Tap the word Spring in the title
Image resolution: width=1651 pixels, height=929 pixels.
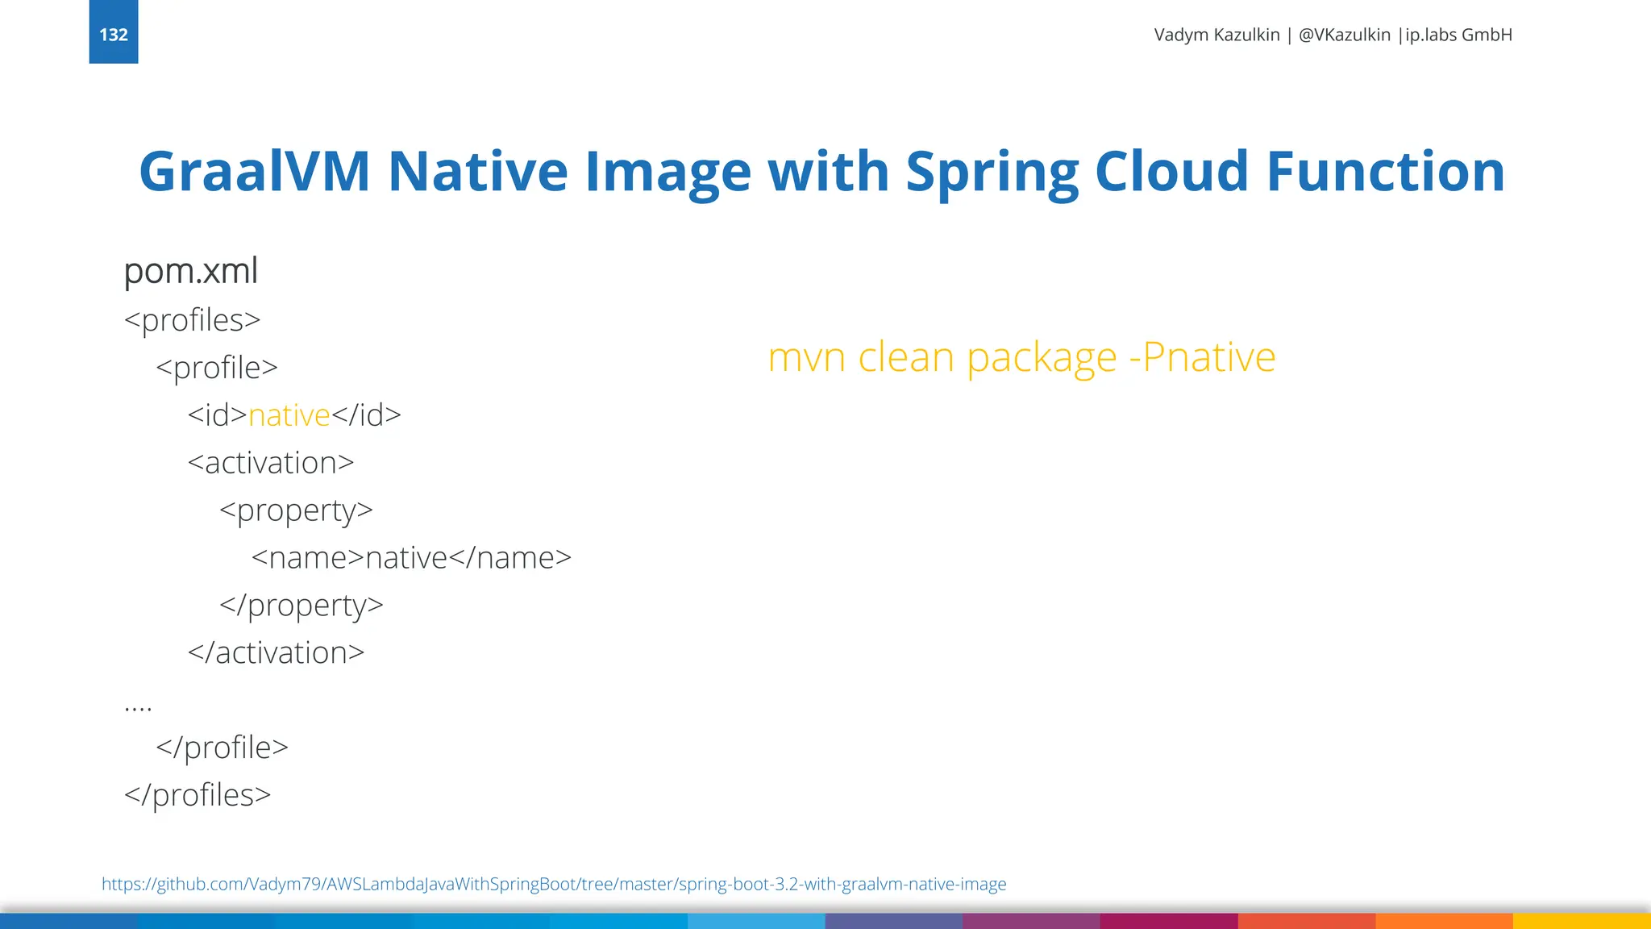pos(992,173)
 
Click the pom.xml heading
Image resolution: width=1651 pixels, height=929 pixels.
pos(191,271)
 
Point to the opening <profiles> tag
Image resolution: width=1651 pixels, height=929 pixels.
pos(193,320)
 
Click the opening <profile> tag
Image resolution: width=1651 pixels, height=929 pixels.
pos(217,368)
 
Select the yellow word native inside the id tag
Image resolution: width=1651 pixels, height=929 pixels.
pos(289,415)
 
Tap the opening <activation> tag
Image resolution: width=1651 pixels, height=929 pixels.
pos(271,463)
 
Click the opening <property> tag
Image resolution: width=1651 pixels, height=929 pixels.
pos(296,510)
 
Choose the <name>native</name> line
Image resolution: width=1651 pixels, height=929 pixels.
pos(411,558)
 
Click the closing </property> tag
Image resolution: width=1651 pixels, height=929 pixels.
pos(302,606)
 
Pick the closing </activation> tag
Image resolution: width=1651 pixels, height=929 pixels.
pos(276,653)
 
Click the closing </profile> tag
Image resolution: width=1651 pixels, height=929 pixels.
pos(222,748)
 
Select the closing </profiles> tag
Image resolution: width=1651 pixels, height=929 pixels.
pos(198,795)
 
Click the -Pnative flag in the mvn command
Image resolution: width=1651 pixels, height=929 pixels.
pos(1202,357)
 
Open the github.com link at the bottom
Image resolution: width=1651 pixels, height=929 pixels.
pos(554,884)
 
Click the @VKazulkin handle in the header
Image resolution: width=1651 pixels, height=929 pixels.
pos(1344,35)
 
